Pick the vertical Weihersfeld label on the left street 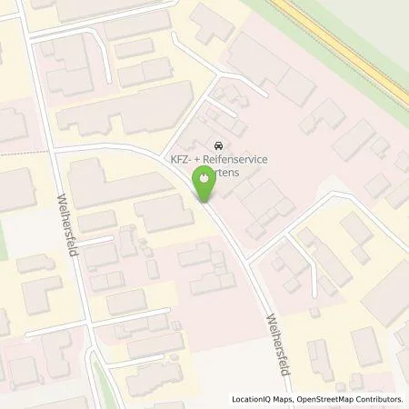point(65,224)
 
